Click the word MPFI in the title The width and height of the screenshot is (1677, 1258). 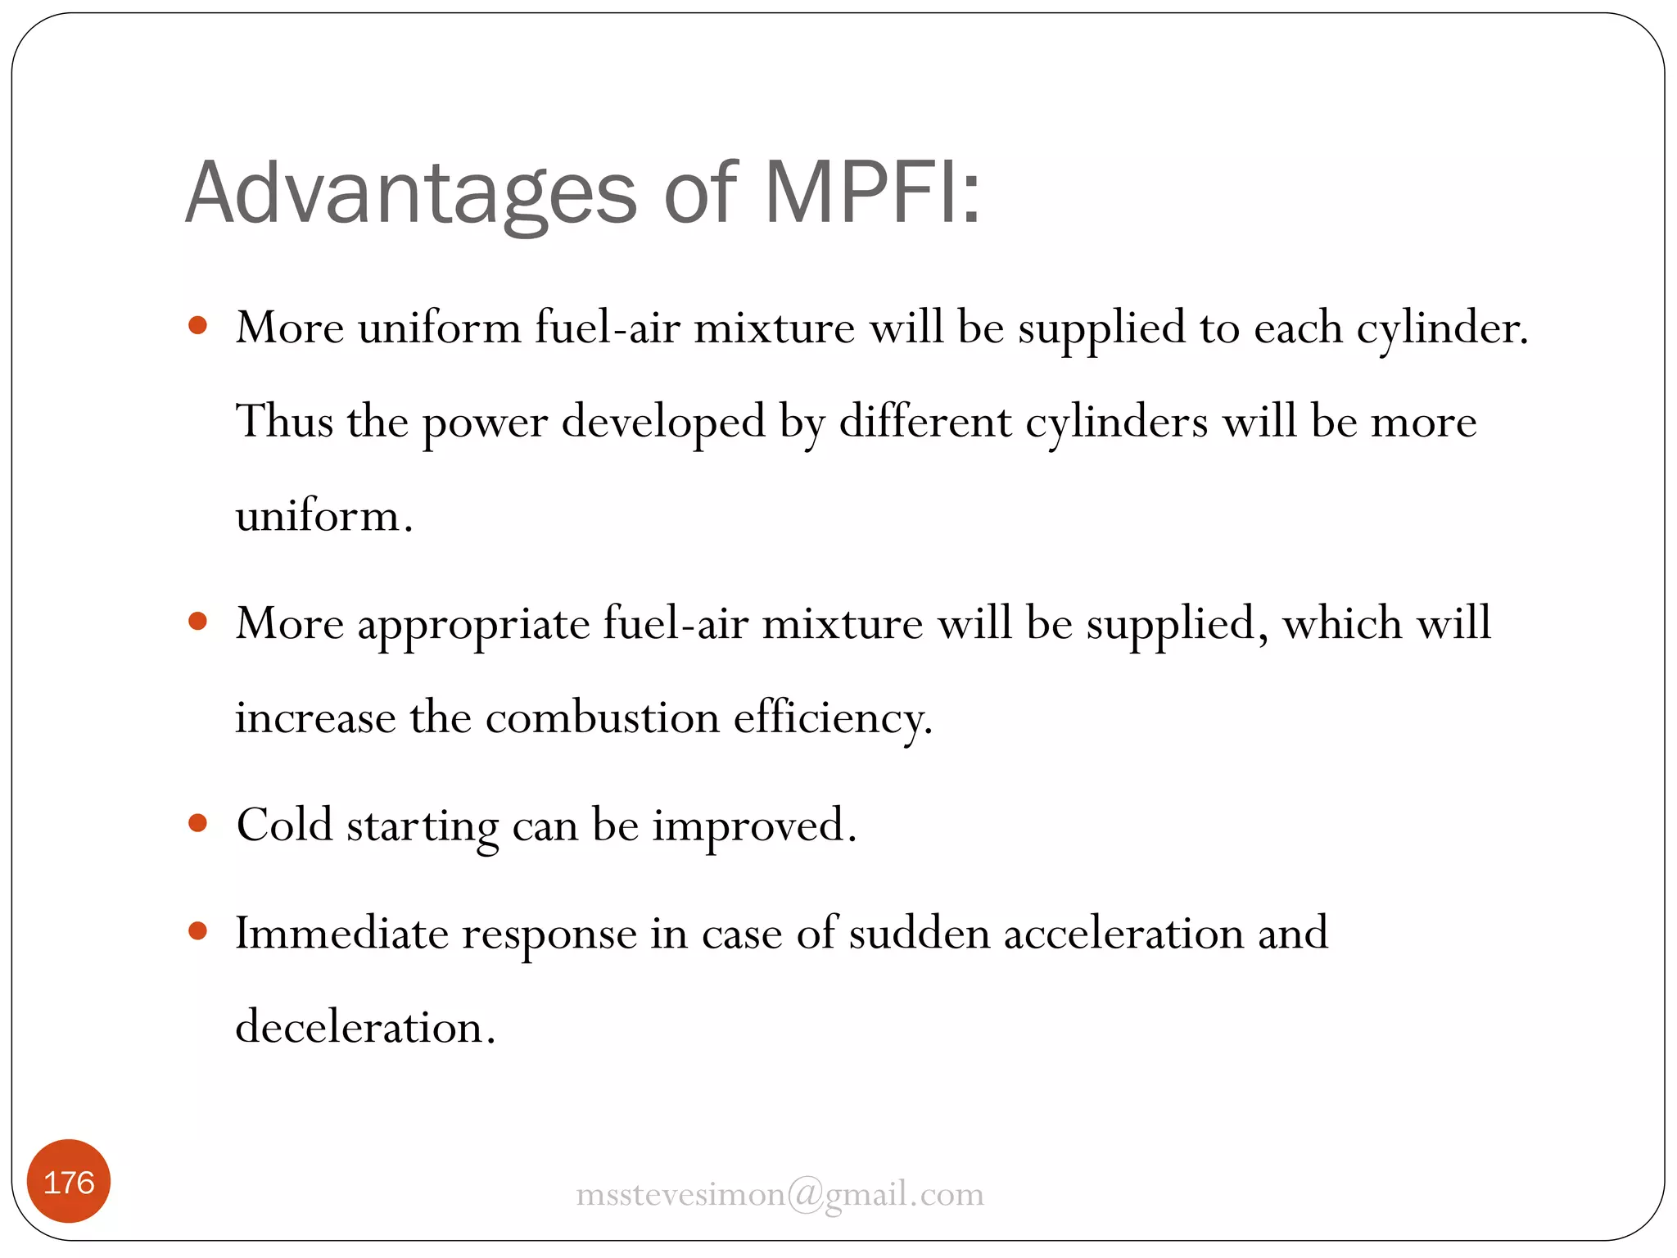(x=872, y=193)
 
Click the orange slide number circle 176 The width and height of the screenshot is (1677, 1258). (x=69, y=1182)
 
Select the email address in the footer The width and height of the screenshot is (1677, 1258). (x=780, y=1194)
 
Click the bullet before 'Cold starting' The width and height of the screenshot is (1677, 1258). (x=197, y=822)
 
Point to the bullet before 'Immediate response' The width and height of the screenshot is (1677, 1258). (x=197, y=930)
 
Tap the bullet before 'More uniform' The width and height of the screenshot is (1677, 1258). (x=197, y=326)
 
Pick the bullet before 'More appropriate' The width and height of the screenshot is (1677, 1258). (x=197, y=621)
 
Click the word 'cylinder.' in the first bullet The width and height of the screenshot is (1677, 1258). (x=1442, y=329)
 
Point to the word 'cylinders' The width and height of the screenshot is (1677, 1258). (x=1116, y=423)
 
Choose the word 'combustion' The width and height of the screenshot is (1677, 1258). (x=602, y=718)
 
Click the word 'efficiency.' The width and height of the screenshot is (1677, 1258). (x=833, y=718)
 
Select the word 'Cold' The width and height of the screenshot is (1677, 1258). (x=284, y=824)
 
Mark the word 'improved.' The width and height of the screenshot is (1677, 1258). (x=754, y=826)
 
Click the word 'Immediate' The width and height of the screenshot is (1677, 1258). (x=341, y=934)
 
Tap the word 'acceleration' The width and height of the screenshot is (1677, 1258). (x=1123, y=934)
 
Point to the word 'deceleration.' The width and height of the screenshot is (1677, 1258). (x=365, y=1027)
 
